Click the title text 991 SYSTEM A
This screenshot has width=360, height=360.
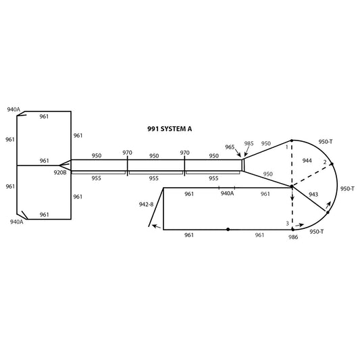coord(170,129)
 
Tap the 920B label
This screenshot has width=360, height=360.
coord(60,172)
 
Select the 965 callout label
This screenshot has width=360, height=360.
coord(230,147)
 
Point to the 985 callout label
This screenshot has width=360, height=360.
coord(249,143)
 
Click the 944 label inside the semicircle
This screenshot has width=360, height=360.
coord(307,161)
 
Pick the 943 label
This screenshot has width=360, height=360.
coord(313,195)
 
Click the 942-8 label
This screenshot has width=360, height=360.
coord(146,204)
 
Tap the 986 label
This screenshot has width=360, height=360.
coord(293,237)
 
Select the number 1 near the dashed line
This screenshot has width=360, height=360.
coord(286,147)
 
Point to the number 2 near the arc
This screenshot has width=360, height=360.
coord(325,162)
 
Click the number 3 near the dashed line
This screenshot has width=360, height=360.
coord(287,223)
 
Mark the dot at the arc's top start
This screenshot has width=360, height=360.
coord(292,140)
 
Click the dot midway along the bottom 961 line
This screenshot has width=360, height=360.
coord(228,230)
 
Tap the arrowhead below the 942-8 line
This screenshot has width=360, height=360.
coord(154,226)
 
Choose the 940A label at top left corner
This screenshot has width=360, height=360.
coord(14,109)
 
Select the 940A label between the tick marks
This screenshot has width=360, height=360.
coord(228,193)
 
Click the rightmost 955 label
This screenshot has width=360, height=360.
coord(213,178)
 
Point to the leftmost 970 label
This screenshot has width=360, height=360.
coord(127,153)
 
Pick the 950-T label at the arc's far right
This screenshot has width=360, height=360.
coord(347,188)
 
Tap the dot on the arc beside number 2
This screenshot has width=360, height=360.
coord(332,164)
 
